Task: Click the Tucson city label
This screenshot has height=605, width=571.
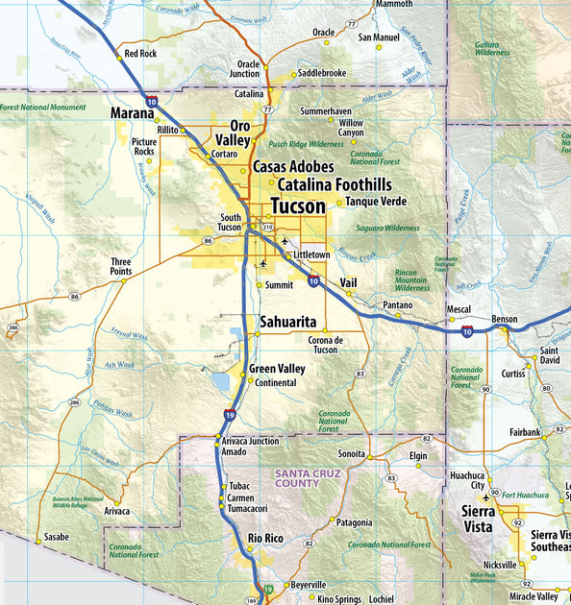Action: pyautogui.click(x=298, y=206)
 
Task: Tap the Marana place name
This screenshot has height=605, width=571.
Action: pyautogui.click(x=132, y=114)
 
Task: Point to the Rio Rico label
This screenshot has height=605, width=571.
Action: pyautogui.click(x=266, y=538)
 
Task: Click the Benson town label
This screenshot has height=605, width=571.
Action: pyautogui.click(x=504, y=319)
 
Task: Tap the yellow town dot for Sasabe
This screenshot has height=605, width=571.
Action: pyautogui.click(x=38, y=542)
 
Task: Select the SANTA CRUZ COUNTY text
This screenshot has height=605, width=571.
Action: pyautogui.click(x=297, y=478)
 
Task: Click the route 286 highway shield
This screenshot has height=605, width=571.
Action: pyautogui.click(x=74, y=403)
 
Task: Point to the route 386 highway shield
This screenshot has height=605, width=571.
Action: pyautogui.click(x=12, y=328)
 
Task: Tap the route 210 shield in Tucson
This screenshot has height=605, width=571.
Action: pyautogui.click(x=267, y=227)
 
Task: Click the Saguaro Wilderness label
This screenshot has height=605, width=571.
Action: pyautogui.click(x=387, y=229)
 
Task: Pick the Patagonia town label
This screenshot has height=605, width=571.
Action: pyautogui.click(x=354, y=522)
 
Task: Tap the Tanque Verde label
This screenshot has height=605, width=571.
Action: pyautogui.click(x=376, y=202)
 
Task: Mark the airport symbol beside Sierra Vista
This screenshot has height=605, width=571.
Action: pyautogui.click(x=488, y=496)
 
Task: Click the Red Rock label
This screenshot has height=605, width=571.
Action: pyautogui.click(x=140, y=54)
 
